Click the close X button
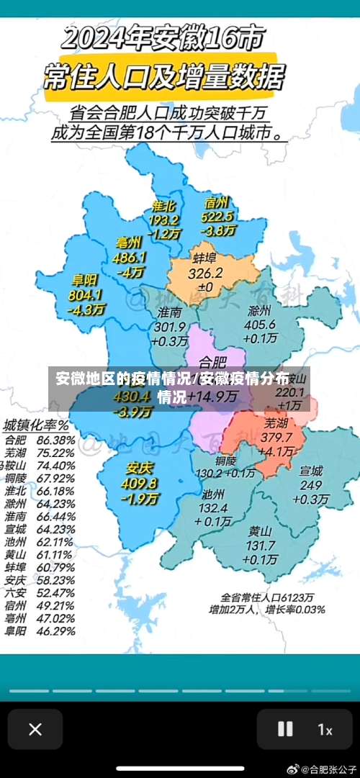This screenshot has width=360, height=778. coord(35,729)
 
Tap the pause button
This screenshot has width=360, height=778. coord(285,729)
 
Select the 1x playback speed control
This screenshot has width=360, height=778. coord(325,730)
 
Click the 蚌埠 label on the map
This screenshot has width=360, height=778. coord(204,258)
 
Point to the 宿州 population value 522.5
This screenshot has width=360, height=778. coord(217,216)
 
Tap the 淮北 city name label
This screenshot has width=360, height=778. coord(163,205)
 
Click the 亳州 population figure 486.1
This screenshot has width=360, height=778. coord(130,257)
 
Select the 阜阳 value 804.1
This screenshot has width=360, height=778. coord(85,295)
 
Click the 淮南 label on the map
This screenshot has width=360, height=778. coord(169,312)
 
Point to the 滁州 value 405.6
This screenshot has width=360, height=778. coord(260,325)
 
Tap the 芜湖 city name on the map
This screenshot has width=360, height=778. coord(275,422)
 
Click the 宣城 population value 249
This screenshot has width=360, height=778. coord(311,486)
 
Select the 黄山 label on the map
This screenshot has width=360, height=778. coord(261,532)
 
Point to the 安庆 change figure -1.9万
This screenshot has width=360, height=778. coord(141,498)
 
